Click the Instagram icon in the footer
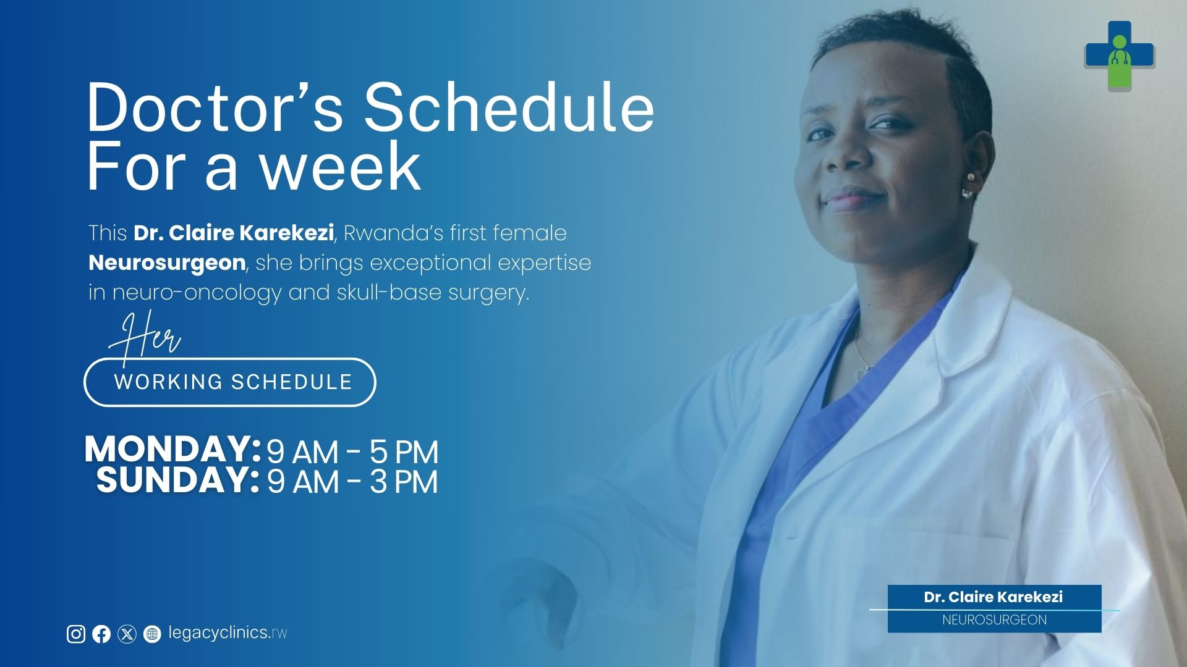click(76, 634)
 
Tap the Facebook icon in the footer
click(101, 634)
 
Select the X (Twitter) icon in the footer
click(127, 634)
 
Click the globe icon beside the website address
click(152, 634)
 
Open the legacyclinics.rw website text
click(228, 633)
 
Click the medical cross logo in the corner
click(1120, 56)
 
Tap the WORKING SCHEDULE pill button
click(230, 382)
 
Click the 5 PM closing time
click(404, 452)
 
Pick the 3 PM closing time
click(404, 482)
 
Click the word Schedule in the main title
click(509, 108)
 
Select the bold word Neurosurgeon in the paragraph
click(167, 263)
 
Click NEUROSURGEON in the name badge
click(995, 620)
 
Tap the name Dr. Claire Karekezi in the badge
click(993, 597)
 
